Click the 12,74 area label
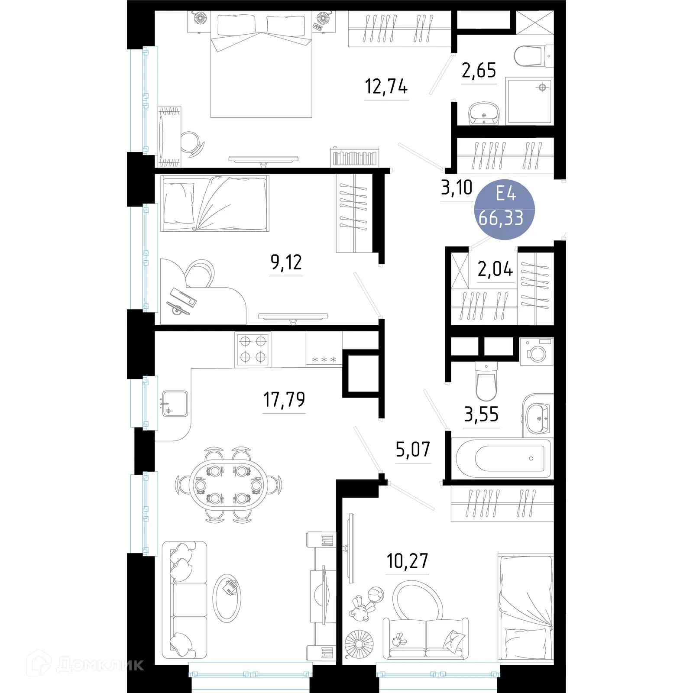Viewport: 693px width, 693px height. (x=386, y=87)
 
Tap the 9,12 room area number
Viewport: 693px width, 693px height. (x=286, y=262)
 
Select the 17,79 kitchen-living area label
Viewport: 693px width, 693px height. (x=284, y=399)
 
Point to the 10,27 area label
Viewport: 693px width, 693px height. (x=407, y=561)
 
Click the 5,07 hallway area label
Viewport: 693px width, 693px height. (x=413, y=450)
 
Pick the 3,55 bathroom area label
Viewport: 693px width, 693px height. (x=481, y=415)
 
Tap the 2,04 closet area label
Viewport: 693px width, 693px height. (x=495, y=269)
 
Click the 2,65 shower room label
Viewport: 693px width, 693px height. (x=479, y=71)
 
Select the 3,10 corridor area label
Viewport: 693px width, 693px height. (x=457, y=188)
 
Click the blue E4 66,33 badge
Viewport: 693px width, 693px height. (x=505, y=209)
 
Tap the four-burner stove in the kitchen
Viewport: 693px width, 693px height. (x=253, y=349)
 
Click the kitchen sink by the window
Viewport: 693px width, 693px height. (x=175, y=404)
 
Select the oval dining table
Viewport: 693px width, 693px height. (x=227, y=485)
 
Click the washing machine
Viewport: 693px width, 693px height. (x=537, y=352)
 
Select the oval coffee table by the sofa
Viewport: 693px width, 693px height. (x=227, y=598)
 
